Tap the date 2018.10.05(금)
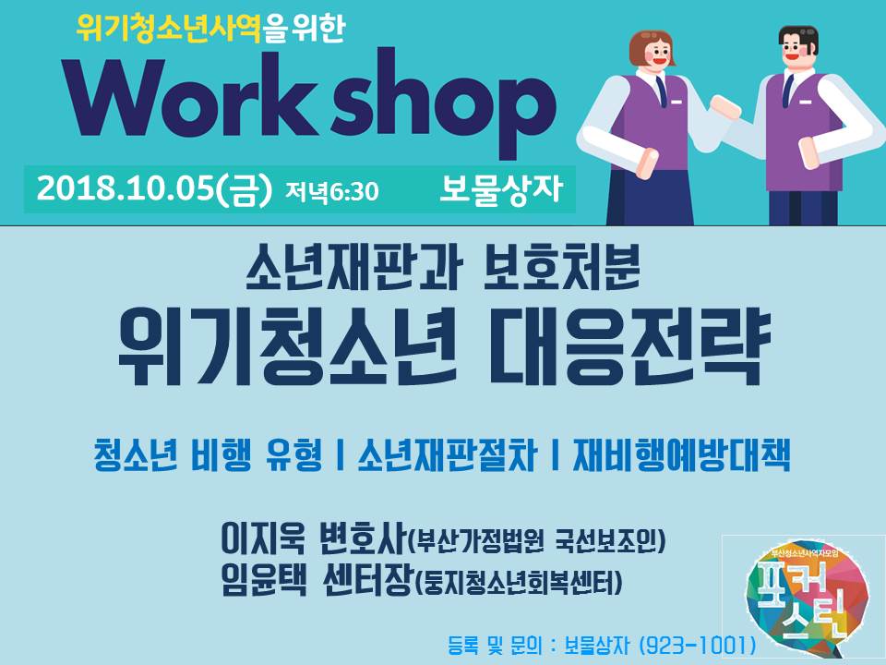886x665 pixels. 154,188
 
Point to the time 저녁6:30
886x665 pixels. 331,191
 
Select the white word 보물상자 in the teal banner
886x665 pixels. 500,188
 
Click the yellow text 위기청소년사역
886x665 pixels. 168,29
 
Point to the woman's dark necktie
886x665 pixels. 661,91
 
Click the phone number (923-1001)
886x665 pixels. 697,644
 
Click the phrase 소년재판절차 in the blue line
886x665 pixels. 447,455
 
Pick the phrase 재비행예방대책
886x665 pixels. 681,455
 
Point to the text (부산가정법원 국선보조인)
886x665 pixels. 535,541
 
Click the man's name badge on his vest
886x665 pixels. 806,102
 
